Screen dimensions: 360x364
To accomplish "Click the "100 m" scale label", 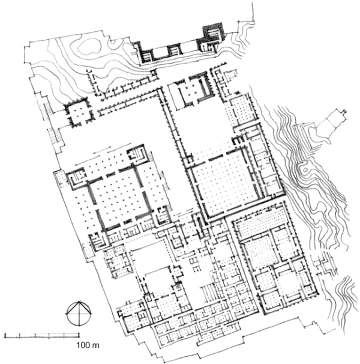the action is pos(88,345).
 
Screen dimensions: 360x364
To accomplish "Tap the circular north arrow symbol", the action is pos(79,314).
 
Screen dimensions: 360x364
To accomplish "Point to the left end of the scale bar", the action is pos(5,335).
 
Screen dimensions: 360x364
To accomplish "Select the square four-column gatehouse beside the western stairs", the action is pos(79,114).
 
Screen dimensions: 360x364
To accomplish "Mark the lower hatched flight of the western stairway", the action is pos(54,136).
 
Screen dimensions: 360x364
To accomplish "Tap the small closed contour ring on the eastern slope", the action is pos(305,169).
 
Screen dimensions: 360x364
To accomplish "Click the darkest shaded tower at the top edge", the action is pos(213,31).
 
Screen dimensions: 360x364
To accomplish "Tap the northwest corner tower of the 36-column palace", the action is pos(76,178).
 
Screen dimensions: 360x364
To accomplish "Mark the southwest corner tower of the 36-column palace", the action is pos(98,241).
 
